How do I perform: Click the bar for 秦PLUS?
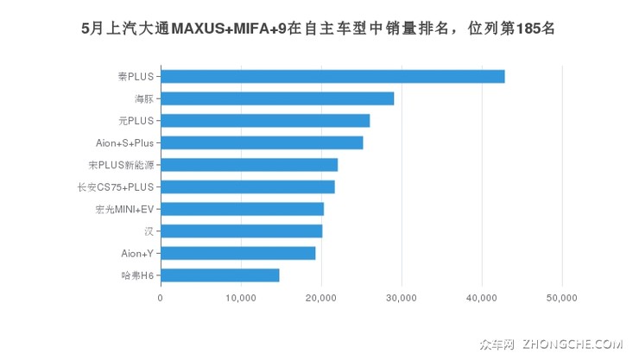332,76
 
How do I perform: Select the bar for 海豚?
277,98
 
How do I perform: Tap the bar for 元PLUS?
265,120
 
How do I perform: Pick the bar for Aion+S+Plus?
262,142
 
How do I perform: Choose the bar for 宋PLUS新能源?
249,165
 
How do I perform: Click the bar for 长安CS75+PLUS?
247,186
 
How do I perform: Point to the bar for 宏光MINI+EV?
242,209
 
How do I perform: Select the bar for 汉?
241,231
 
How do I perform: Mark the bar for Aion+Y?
237,253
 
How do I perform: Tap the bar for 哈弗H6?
219,275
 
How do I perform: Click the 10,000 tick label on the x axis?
240,298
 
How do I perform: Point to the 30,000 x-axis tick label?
402,298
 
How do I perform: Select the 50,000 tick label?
562,298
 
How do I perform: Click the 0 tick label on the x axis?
161,298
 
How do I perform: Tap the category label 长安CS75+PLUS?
115,186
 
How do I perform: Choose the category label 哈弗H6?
137,275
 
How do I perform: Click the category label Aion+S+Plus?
124,142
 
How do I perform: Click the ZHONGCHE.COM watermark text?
572,344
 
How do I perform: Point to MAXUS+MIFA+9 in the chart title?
231,28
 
